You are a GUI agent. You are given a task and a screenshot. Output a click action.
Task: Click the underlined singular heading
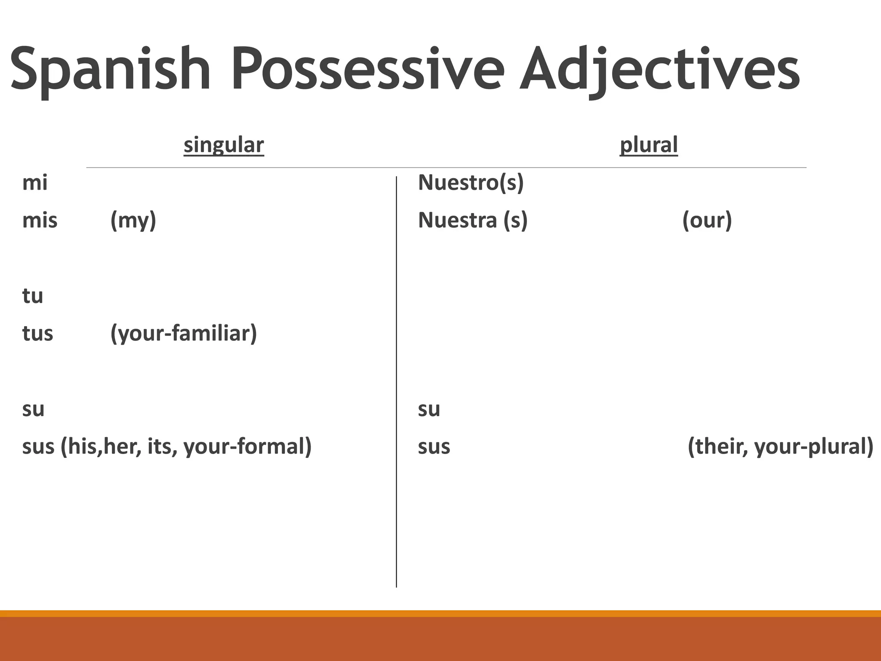coord(224,145)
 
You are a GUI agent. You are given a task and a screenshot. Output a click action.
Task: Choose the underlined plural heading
coord(649,145)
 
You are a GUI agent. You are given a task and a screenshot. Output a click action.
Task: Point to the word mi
coord(34,183)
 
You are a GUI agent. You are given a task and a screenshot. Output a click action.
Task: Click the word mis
coord(40,220)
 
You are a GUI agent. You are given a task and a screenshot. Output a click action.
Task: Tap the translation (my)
coord(133,221)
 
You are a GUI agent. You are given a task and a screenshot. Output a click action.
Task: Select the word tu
coord(33,296)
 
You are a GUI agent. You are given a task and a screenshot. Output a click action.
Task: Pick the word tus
coord(37,334)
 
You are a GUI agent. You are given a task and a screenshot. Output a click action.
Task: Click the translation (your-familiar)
coord(184,334)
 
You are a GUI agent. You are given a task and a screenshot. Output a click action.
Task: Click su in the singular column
coord(33,409)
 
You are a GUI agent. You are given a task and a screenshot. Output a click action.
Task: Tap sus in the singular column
coord(38,447)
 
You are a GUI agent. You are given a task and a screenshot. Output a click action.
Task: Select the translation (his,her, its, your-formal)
coord(186,447)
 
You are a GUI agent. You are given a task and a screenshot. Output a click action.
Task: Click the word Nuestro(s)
coord(471,183)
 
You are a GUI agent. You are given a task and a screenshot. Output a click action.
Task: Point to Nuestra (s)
coord(473,220)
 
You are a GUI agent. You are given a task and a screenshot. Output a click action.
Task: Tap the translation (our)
coord(707,220)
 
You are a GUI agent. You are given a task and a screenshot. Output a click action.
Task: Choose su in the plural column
coord(429,409)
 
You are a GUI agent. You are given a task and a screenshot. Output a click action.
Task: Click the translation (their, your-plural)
coord(780,447)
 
